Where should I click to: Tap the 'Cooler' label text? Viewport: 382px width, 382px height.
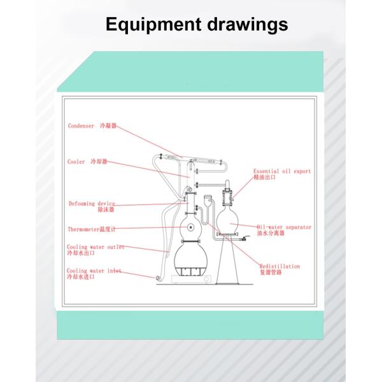pyautogui.click(x=76, y=162)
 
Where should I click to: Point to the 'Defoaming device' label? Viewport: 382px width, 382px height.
pyautogui.click(x=92, y=204)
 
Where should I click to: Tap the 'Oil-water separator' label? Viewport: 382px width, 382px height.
pyautogui.click(x=284, y=226)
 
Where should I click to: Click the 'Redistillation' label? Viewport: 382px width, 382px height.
pyautogui.click(x=279, y=266)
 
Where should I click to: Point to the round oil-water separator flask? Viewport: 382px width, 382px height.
pyautogui.click(x=228, y=220)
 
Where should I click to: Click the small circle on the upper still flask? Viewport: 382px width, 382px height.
pyautogui.click(x=190, y=227)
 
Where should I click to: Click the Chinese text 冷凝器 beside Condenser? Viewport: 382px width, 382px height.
pyautogui.click(x=109, y=126)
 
